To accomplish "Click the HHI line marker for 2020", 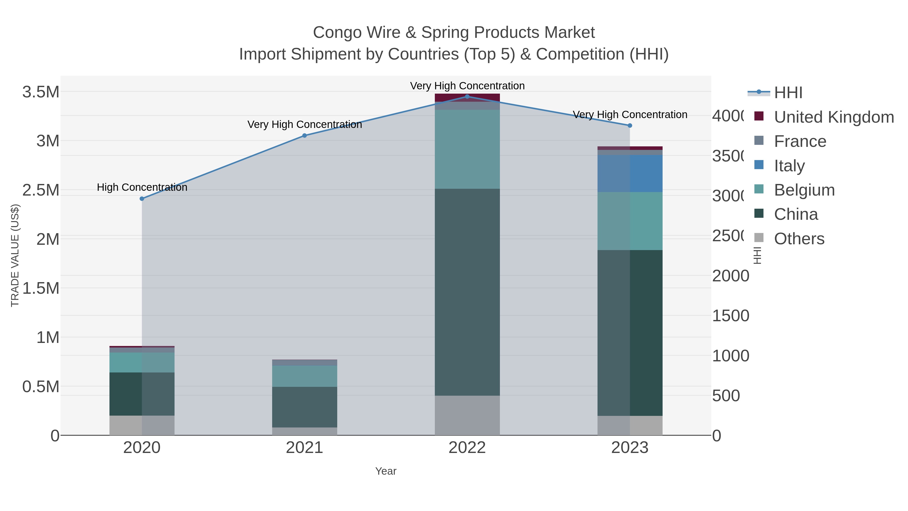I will point(142,199).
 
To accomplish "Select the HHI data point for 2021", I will point(304,136).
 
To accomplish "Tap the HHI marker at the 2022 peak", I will point(467,96).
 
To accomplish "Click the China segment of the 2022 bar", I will point(467,292).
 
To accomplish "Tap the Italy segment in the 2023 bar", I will point(630,174).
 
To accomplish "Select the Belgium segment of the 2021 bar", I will point(304,376).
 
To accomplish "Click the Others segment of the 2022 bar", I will point(467,415).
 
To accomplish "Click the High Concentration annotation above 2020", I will point(142,187).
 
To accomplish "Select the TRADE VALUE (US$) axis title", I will point(15,255).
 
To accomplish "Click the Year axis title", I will point(386,471).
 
